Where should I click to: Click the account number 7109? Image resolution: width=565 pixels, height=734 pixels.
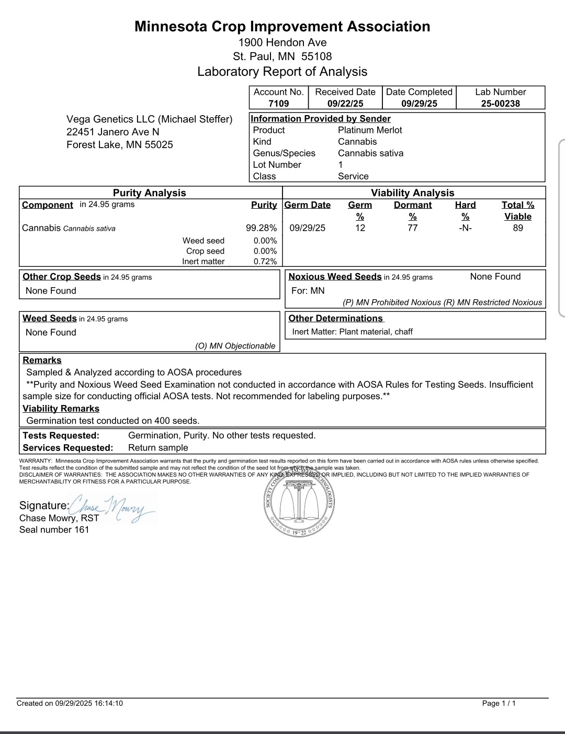[278, 104]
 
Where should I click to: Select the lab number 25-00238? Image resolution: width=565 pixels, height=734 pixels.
[501, 104]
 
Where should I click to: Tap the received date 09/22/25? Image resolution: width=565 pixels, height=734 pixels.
[345, 104]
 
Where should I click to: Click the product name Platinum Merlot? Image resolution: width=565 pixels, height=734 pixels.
[370, 130]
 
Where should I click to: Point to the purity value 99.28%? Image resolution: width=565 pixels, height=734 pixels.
[261, 228]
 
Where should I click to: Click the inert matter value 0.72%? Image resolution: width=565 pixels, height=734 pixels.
[265, 262]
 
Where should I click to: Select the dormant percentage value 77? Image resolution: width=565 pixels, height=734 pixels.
[413, 228]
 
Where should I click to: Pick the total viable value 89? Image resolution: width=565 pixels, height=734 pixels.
[518, 228]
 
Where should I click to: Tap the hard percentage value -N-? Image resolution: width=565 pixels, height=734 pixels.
[465, 228]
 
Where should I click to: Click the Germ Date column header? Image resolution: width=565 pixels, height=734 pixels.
[308, 205]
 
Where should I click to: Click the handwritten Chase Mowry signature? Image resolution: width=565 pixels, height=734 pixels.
[112, 507]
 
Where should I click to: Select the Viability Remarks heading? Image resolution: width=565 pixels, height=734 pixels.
[61, 409]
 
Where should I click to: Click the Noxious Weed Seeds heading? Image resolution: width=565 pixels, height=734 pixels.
[335, 277]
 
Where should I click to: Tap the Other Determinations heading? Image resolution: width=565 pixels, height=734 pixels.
[335, 318]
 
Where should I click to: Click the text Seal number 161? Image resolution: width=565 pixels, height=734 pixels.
[54, 529]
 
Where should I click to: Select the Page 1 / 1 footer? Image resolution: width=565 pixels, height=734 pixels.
[499, 703]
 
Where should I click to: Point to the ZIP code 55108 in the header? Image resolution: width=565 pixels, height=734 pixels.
[317, 57]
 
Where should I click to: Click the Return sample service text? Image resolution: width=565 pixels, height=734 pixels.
[158, 448]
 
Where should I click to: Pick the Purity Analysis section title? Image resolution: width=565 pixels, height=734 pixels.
[150, 193]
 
